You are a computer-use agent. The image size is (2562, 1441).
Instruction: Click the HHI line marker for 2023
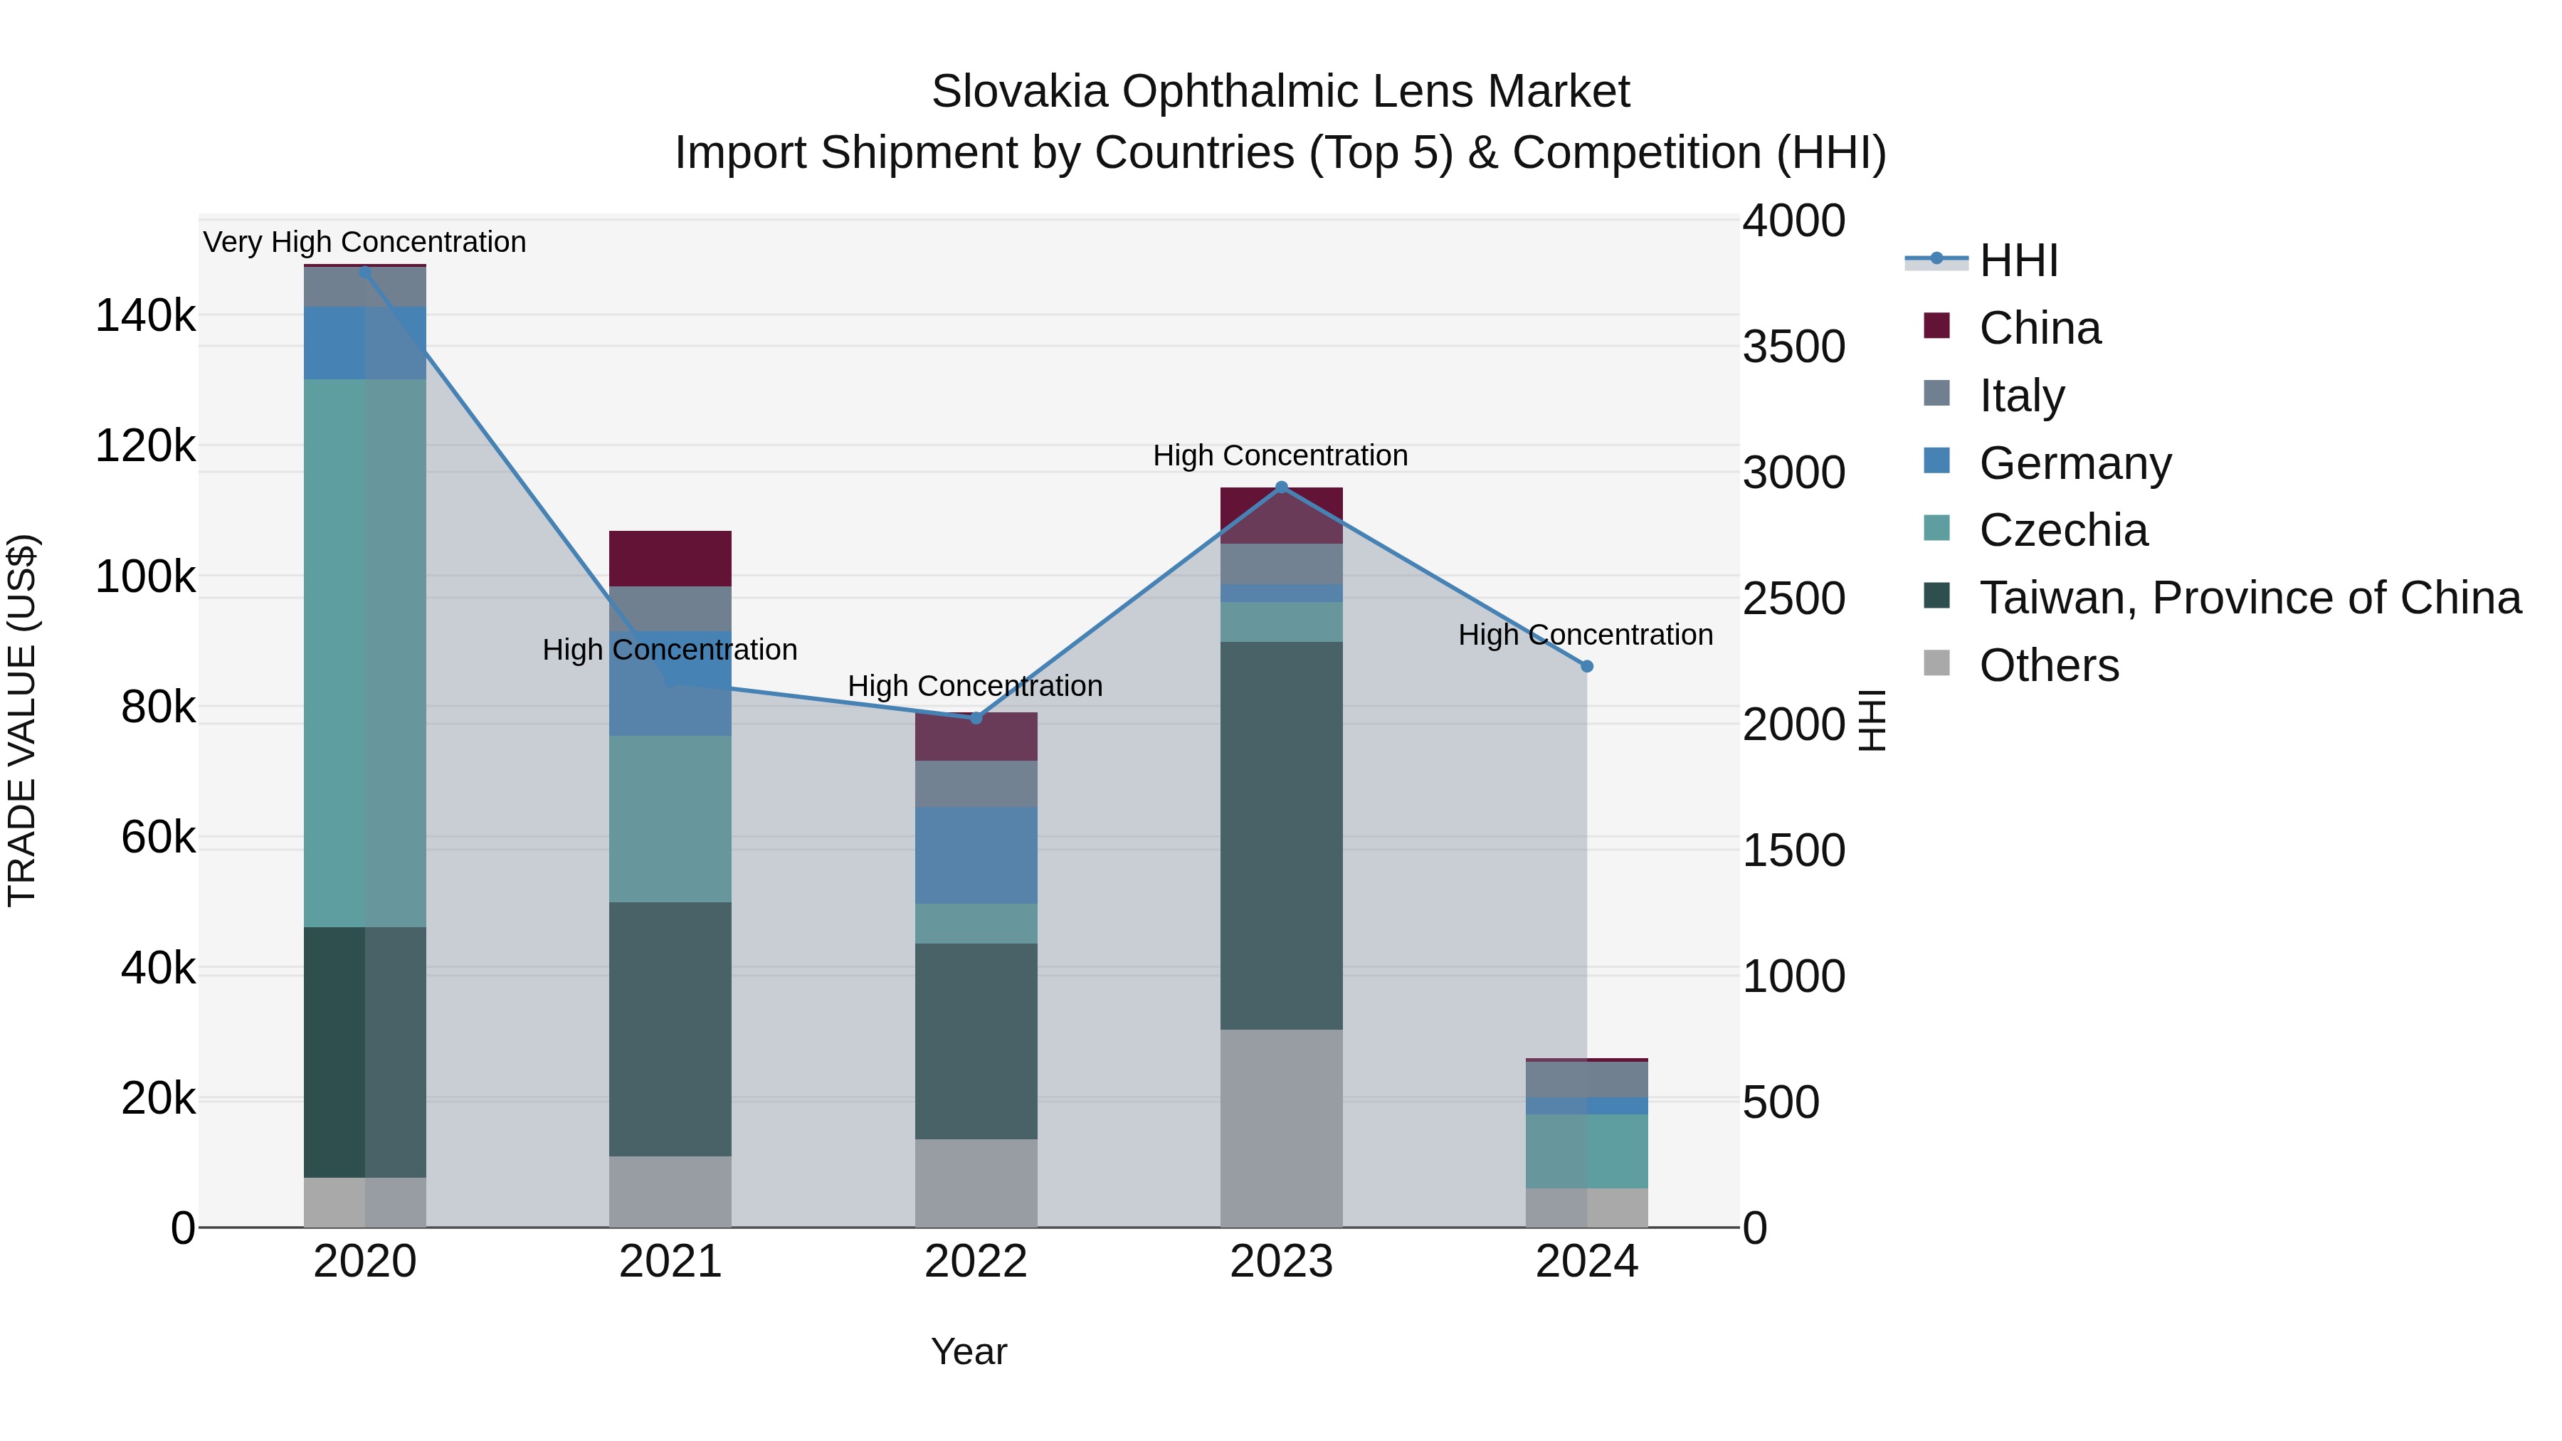(1281, 487)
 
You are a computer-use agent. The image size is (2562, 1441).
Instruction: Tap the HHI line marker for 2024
(1586, 666)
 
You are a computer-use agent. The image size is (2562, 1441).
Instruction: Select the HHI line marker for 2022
(976, 718)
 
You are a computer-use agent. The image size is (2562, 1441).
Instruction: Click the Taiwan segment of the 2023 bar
(1281, 835)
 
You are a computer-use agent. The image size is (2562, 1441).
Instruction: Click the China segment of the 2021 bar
(670, 559)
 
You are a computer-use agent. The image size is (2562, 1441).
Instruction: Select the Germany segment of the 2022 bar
(976, 855)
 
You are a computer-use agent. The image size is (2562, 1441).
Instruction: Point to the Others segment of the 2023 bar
(1281, 1128)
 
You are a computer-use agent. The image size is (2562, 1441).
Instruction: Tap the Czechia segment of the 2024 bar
(1586, 1151)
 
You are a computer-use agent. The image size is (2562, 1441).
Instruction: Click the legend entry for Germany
(2075, 463)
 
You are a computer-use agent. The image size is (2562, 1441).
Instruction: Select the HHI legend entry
(2018, 260)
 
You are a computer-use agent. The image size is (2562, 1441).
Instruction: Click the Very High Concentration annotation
(364, 243)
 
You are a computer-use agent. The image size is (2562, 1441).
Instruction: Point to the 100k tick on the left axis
(145, 577)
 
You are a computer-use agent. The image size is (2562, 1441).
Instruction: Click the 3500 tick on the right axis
(1793, 347)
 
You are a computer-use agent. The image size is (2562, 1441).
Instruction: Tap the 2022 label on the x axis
(976, 1262)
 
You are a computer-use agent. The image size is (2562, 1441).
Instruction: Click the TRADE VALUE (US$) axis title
(22, 720)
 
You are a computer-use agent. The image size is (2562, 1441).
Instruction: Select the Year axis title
(969, 1351)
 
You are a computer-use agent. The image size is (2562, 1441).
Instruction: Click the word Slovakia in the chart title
(1018, 93)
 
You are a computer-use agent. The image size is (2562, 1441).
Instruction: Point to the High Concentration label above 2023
(1280, 455)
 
